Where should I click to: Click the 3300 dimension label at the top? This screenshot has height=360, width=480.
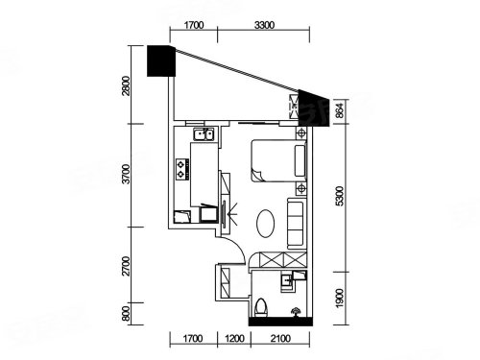point(264,25)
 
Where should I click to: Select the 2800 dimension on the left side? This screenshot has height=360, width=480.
point(127,85)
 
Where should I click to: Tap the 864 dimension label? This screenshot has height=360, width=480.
point(340,109)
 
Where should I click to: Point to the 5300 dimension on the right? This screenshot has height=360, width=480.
point(340,196)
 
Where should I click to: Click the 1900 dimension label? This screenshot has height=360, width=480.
point(340,298)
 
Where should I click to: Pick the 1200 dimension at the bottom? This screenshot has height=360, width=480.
point(234,338)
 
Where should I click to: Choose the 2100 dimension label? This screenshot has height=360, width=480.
point(280,338)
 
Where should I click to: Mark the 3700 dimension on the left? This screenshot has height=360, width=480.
point(127,174)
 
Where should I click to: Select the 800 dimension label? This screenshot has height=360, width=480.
point(127,314)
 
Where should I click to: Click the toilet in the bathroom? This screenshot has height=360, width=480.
point(261,308)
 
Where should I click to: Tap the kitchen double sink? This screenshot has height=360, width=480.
point(204,134)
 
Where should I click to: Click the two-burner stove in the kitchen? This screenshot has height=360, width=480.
point(181,169)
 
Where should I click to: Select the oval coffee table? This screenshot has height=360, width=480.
point(266,224)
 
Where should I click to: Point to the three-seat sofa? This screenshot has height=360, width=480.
point(296,224)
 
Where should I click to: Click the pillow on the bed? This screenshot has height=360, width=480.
point(300,160)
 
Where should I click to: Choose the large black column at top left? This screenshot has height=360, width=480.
point(161,60)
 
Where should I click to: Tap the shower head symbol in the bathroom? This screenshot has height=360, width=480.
point(295,311)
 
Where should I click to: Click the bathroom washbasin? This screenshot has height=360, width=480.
point(286,281)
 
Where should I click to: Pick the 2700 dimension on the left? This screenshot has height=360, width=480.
point(127,266)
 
